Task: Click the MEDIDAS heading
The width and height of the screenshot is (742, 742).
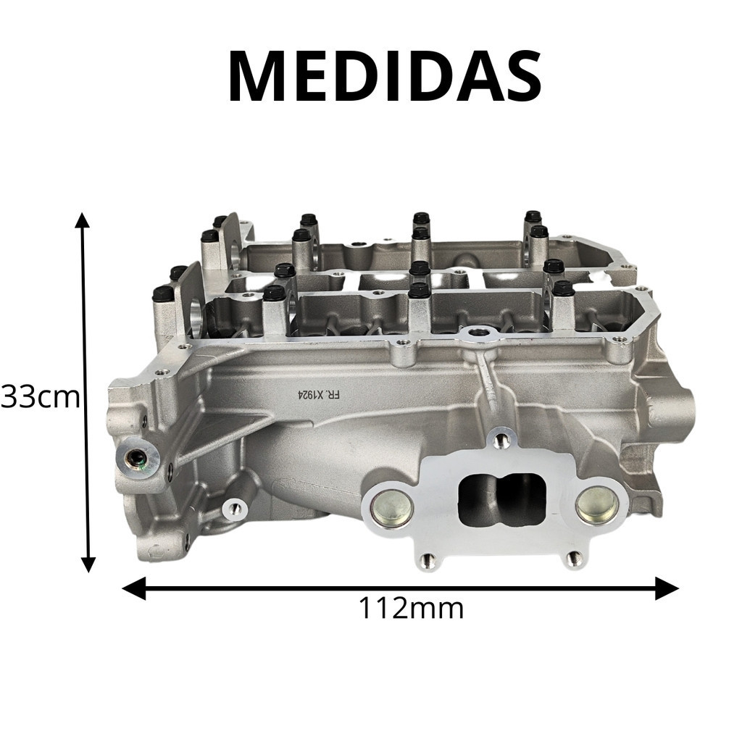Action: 385,78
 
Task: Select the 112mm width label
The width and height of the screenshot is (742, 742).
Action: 412,608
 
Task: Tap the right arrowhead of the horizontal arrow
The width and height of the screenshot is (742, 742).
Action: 667,588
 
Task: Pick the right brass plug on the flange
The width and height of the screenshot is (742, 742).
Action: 597,505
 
